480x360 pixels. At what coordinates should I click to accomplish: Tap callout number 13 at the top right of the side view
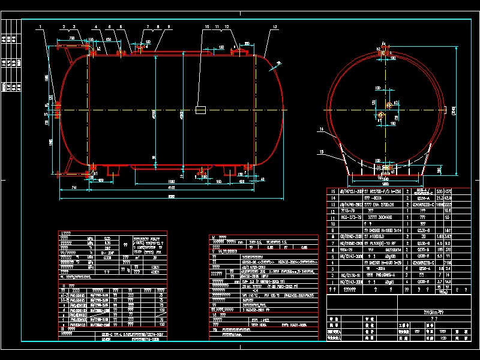point(274,27)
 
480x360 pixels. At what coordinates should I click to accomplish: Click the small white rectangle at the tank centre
point(200,110)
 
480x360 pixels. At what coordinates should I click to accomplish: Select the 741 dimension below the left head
point(74,189)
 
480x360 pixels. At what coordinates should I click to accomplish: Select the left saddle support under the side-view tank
point(110,170)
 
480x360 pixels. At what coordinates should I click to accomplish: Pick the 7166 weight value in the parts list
point(446,262)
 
